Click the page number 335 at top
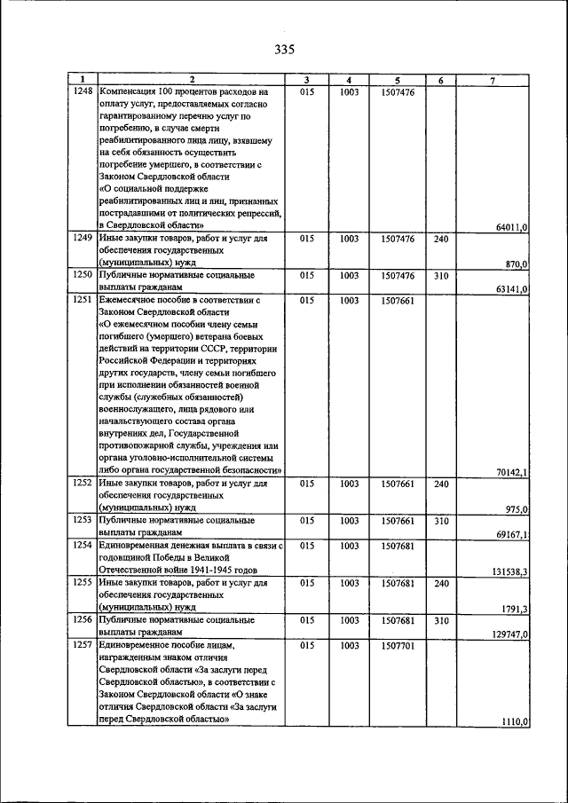click(284, 49)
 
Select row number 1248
click(83, 91)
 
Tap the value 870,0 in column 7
click(517, 264)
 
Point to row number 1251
click(83, 301)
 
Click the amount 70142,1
click(512, 473)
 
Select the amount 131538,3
click(509, 571)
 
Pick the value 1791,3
click(514, 608)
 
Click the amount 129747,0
click(509, 634)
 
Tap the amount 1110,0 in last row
click(515, 722)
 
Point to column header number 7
click(493, 80)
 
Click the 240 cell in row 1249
click(441, 239)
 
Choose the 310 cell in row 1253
click(441, 520)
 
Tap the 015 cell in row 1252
click(307, 484)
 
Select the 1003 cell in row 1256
click(350, 620)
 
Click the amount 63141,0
click(512, 289)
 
